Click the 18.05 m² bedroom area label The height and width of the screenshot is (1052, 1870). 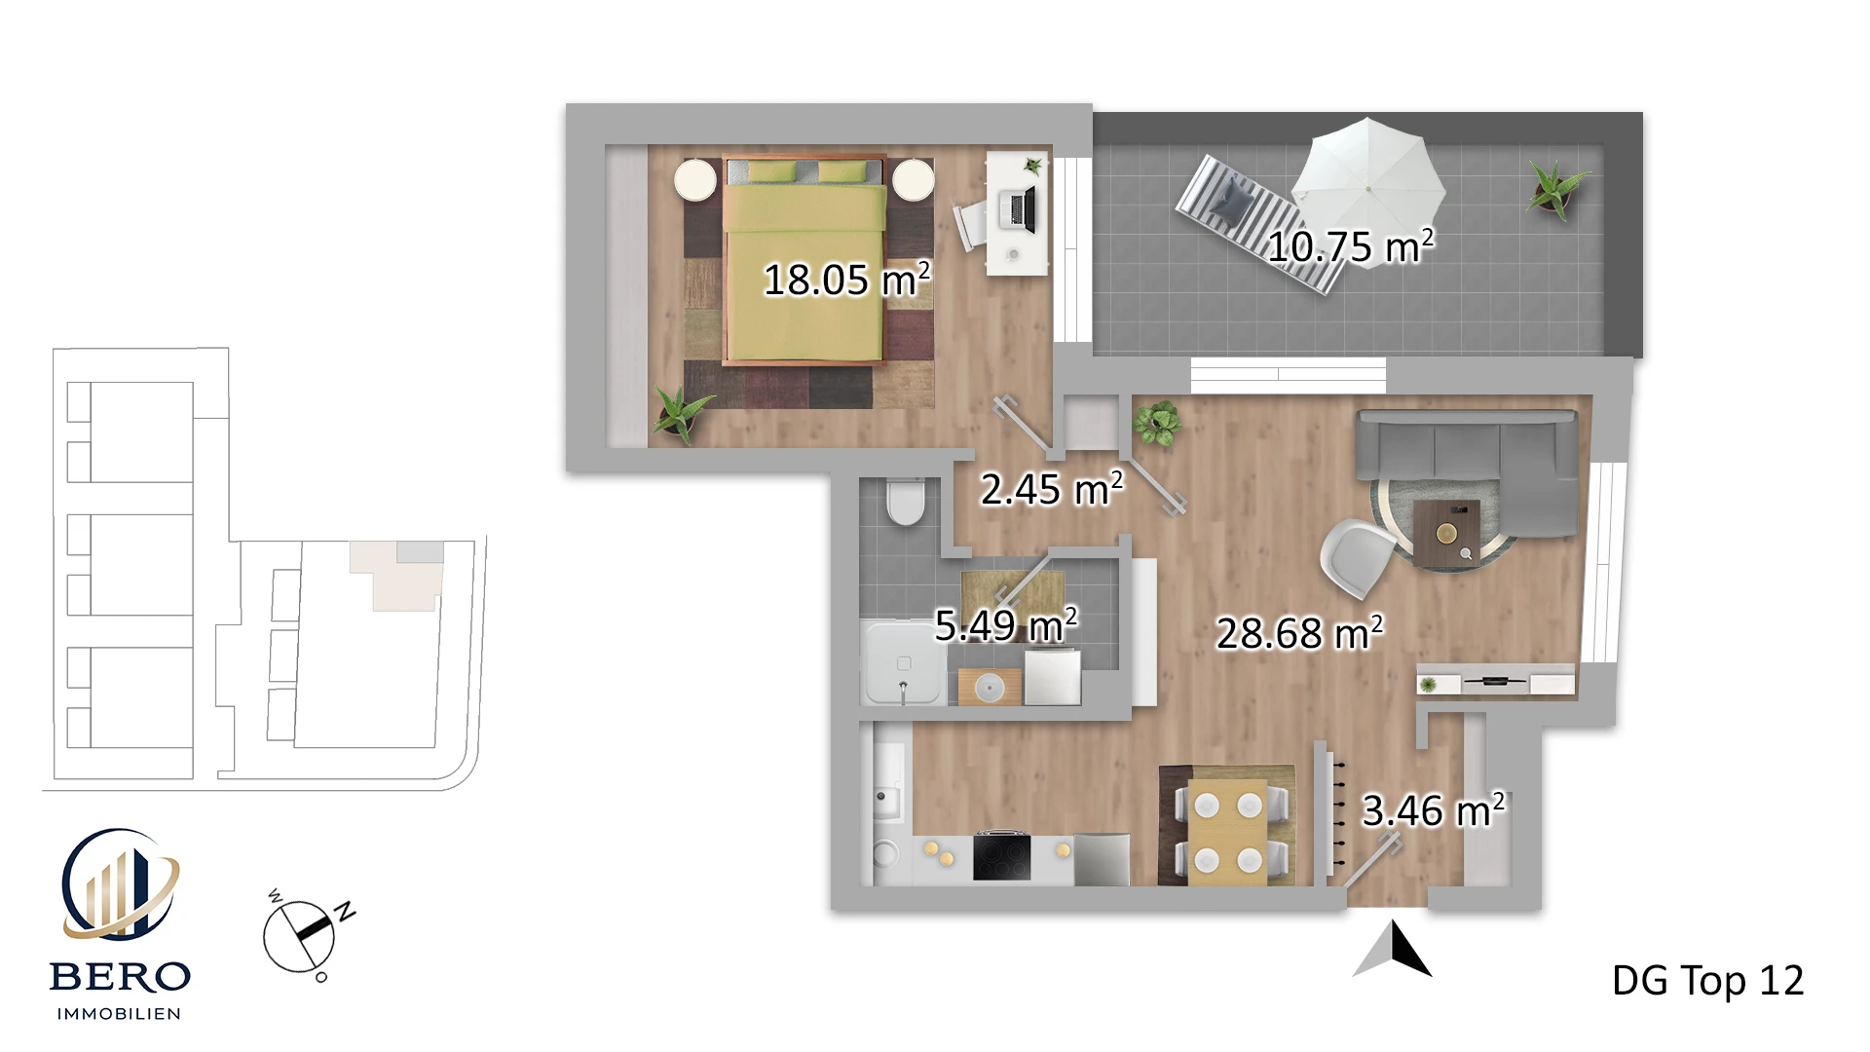click(846, 280)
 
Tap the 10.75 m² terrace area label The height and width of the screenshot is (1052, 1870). click(1350, 245)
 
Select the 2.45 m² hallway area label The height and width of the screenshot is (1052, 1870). click(1052, 488)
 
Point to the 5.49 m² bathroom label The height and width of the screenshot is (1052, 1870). click(1006, 624)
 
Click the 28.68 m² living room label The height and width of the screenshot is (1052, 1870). click(1299, 633)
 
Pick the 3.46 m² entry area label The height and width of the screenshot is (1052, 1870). click(1433, 809)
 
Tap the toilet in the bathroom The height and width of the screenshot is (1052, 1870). click(906, 502)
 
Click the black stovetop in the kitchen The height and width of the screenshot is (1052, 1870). click(1001, 856)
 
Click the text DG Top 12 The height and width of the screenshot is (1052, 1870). click(1707, 981)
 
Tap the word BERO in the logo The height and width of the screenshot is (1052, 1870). click(120, 977)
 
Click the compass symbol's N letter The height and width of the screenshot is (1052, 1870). click(345, 912)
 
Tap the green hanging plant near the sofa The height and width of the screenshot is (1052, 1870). click(1156, 424)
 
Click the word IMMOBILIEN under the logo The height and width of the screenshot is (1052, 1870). click(119, 1014)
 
